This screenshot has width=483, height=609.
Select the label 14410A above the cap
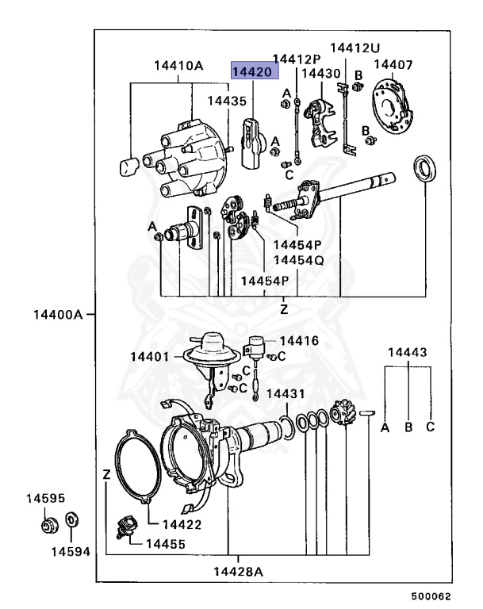click(x=178, y=65)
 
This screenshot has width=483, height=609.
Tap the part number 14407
click(x=393, y=64)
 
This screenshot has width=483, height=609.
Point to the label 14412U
click(x=355, y=48)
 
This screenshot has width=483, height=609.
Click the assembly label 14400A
click(x=58, y=314)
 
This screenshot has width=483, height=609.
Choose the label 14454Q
click(x=298, y=260)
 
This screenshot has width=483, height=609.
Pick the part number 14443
click(x=408, y=352)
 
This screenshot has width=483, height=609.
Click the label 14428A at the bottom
click(x=238, y=571)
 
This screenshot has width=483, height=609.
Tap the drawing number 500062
click(x=431, y=596)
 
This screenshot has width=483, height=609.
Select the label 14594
click(x=71, y=551)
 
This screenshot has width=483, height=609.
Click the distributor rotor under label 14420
click(x=253, y=144)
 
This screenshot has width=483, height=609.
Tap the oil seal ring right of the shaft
click(x=424, y=168)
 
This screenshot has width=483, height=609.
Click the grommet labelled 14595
click(x=49, y=525)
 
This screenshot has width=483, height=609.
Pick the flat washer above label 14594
click(x=71, y=519)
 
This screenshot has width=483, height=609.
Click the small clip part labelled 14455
click(x=127, y=526)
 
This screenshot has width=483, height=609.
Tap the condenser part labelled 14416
click(x=256, y=346)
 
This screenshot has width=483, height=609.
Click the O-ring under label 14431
click(x=288, y=427)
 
